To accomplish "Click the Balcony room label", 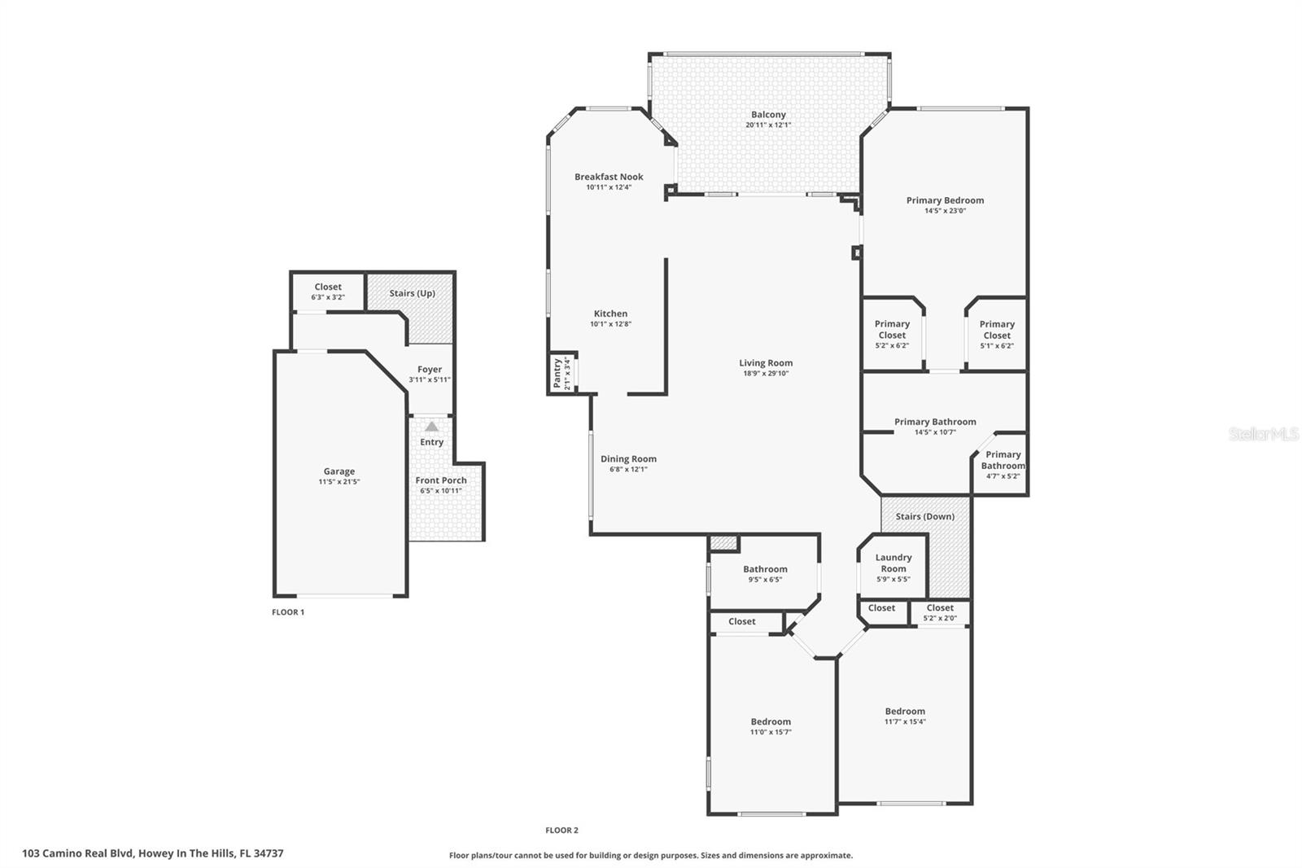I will click(x=768, y=115).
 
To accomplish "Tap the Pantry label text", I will click(x=557, y=373).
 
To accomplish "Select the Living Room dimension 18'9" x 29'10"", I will click(x=766, y=374).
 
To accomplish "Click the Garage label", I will click(x=339, y=471).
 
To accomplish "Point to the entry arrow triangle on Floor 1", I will click(x=431, y=427).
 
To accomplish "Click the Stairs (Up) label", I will click(x=412, y=293).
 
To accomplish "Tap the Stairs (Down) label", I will click(x=924, y=516).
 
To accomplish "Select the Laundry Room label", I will click(x=893, y=563).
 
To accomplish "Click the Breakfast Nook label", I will click(x=609, y=177).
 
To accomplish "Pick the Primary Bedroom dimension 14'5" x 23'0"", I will click(x=945, y=211).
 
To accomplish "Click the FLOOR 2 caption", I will click(x=561, y=831).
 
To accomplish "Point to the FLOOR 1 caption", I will click(x=288, y=612).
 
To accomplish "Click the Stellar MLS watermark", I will click(x=1263, y=434).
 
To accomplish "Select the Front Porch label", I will click(x=441, y=480).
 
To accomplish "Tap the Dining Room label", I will click(x=628, y=459).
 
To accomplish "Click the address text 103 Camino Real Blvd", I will click(x=78, y=853).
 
